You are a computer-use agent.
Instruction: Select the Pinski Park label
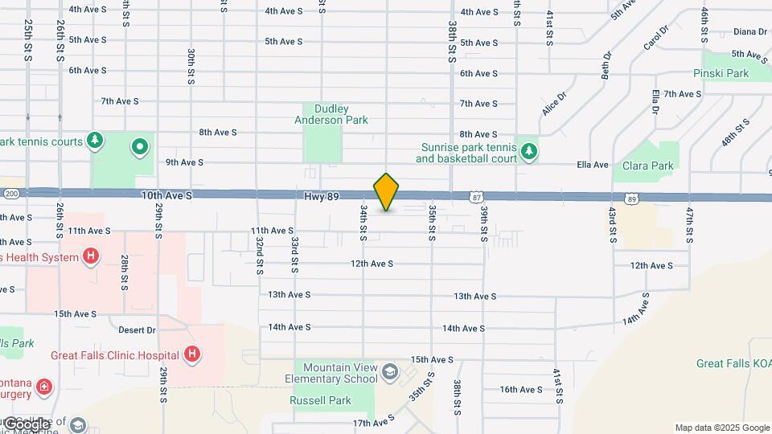[x=721, y=73]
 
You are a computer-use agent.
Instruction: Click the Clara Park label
[x=648, y=166]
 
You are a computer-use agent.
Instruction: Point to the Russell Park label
[x=315, y=399]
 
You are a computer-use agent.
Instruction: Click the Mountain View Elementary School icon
[x=390, y=371]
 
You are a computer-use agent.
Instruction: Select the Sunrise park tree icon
[x=528, y=151]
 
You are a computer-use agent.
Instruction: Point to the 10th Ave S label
[x=167, y=195]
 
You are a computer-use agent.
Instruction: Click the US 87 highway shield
[x=477, y=197]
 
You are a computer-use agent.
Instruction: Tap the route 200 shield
[x=10, y=194]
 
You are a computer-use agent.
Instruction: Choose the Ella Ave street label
[x=593, y=165]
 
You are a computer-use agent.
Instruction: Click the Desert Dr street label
[x=137, y=330]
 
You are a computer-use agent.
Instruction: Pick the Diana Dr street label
[x=750, y=31]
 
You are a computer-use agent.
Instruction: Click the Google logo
[x=27, y=424]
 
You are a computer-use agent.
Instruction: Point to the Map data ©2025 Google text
[x=721, y=428]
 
